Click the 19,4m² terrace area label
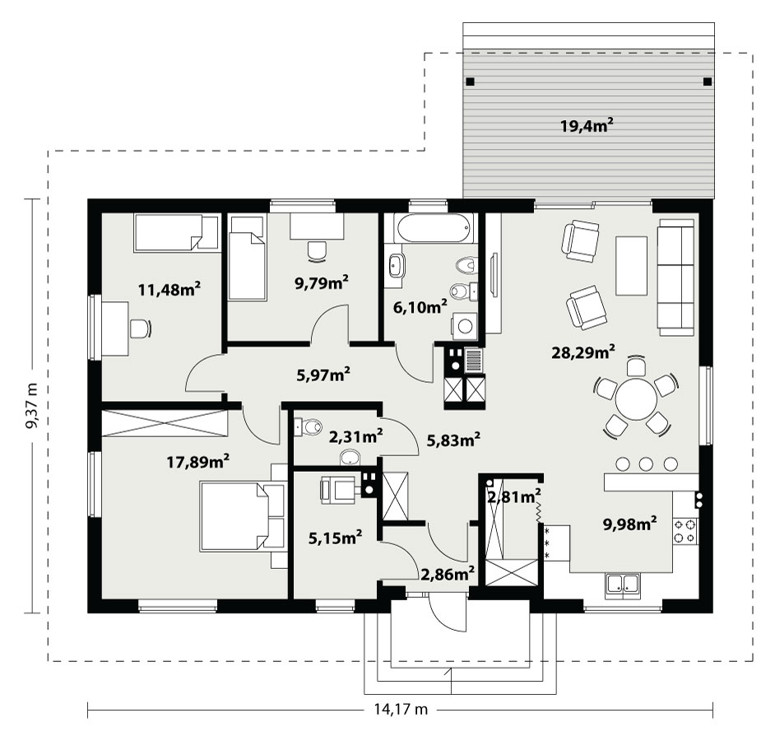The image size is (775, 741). pyautogui.click(x=587, y=126)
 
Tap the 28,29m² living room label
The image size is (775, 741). pyautogui.click(x=583, y=352)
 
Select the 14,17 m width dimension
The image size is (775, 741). pyautogui.click(x=401, y=710)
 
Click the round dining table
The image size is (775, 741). pyautogui.click(x=636, y=398)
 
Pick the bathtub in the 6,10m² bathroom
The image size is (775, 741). pyautogui.click(x=433, y=228)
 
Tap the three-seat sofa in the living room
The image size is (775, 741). pyautogui.click(x=675, y=277)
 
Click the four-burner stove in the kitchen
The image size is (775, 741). pyautogui.click(x=685, y=530)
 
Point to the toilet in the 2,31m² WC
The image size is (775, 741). pyautogui.click(x=308, y=426)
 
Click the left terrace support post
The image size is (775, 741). pyautogui.click(x=471, y=82)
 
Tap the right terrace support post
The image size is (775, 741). pyautogui.click(x=708, y=82)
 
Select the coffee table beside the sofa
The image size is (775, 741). pyautogui.click(x=631, y=266)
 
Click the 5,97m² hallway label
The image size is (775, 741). pyautogui.click(x=323, y=375)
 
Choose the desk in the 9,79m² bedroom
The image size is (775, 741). pyautogui.click(x=317, y=226)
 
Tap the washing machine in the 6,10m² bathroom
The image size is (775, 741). pyautogui.click(x=465, y=326)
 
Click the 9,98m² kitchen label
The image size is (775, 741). pyautogui.click(x=629, y=524)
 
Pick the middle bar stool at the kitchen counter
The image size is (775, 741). pyautogui.click(x=646, y=464)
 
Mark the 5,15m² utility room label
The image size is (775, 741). pyautogui.click(x=335, y=537)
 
